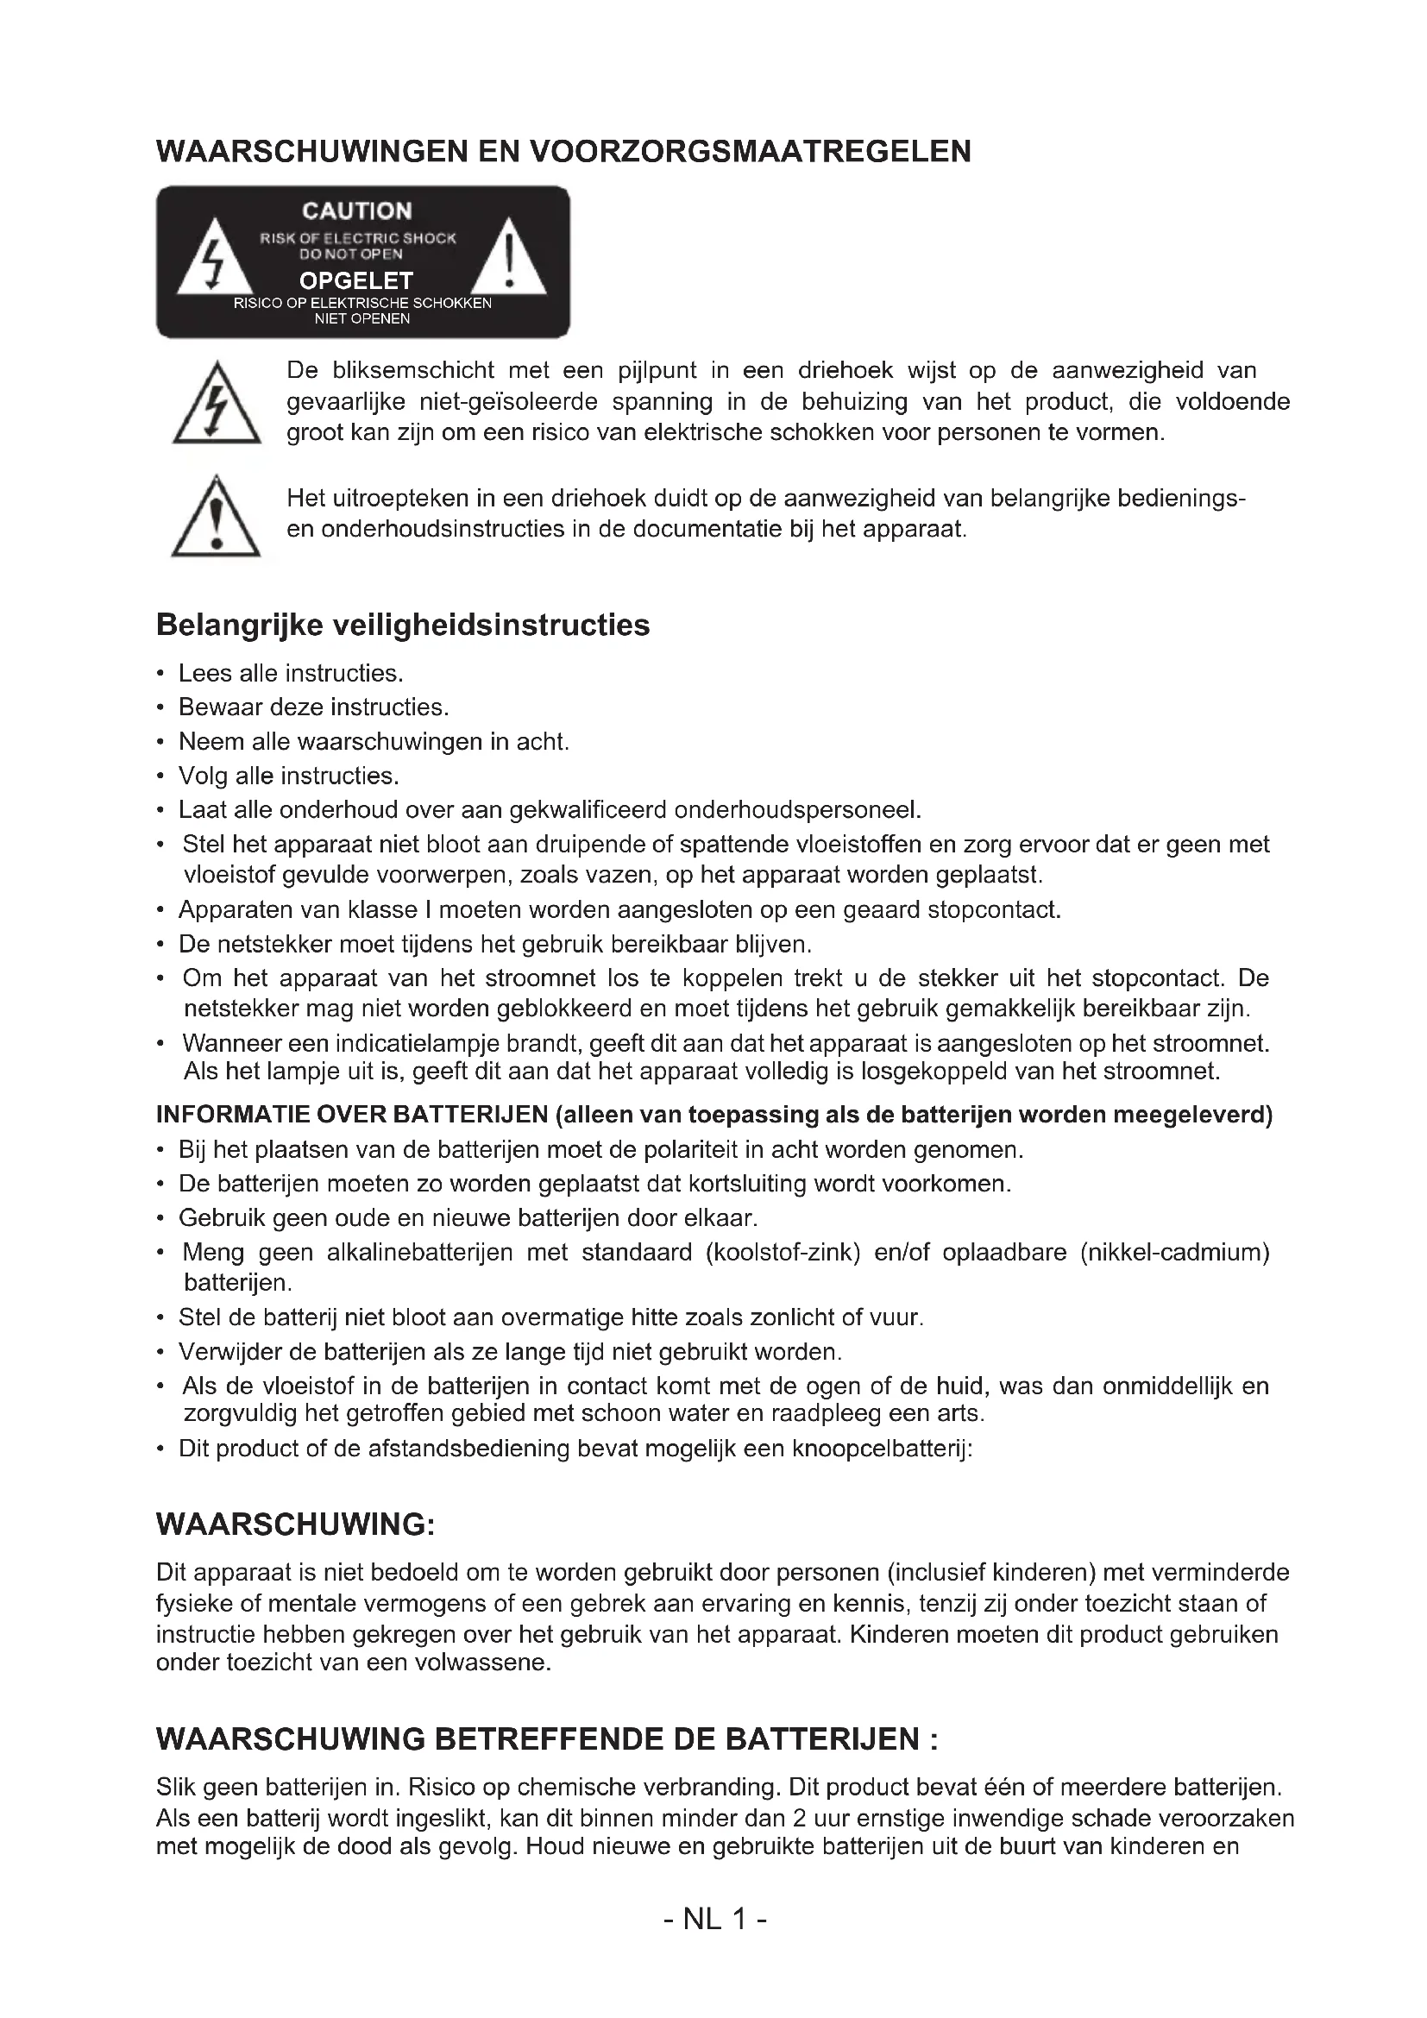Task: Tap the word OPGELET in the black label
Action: (x=355, y=280)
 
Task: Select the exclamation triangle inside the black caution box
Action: (x=509, y=261)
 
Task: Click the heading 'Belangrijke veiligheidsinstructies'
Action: (x=402, y=625)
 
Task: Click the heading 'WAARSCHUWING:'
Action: (x=295, y=1524)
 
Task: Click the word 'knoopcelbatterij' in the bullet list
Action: (x=882, y=1448)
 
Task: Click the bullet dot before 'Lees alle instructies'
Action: (x=160, y=674)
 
